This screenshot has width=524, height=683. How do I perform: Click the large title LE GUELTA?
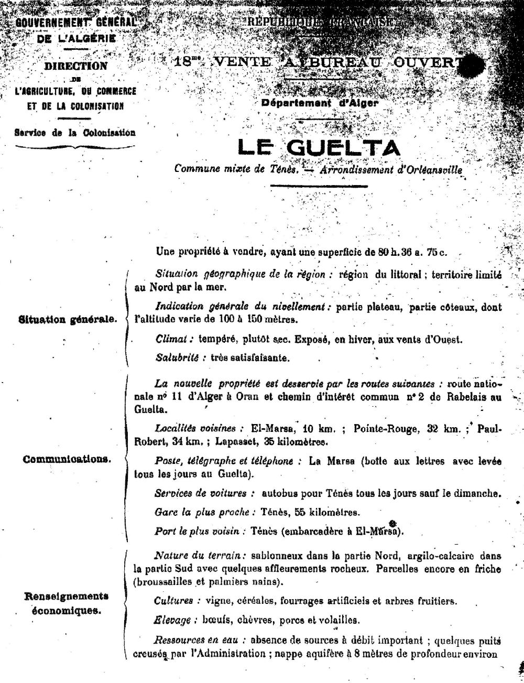tap(319, 148)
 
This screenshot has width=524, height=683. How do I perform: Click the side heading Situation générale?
tap(68, 320)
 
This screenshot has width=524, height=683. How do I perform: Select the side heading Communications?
tap(67, 459)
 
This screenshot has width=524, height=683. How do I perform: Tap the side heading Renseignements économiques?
tap(66, 603)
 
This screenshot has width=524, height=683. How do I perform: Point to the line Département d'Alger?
tap(320, 103)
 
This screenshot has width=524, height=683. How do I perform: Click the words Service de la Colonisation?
tap(75, 133)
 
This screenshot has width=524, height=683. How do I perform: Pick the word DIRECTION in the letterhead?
tap(75, 66)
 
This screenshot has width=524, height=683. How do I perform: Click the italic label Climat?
tap(171, 339)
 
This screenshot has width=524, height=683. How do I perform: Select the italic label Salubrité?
tap(177, 358)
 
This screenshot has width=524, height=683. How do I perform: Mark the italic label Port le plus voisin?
tap(200, 531)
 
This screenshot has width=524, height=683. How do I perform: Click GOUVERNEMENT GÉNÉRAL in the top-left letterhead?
tap(75, 23)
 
